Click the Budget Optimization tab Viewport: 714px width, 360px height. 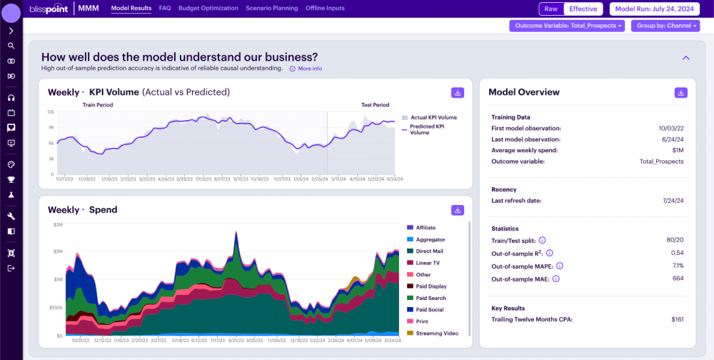tap(208, 9)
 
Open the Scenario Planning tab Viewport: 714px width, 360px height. tap(272, 9)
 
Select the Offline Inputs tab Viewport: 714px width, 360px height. tap(325, 9)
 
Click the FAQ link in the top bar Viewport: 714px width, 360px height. tap(165, 9)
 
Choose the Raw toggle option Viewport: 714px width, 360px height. tap(551, 9)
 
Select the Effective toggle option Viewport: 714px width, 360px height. tap(583, 9)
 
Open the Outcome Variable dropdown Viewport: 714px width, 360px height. tap(567, 26)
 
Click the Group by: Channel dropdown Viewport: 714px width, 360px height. tap(665, 26)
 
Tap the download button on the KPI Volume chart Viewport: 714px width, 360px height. tap(458, 93)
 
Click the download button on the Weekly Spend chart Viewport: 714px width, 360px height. tap(458, 210)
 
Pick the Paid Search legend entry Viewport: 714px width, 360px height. tap(431, 298)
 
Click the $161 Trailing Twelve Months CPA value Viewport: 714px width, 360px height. tap(677, 319)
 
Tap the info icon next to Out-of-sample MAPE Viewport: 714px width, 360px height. tap(560, 266)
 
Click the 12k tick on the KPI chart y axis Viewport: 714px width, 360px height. tap(51, 112)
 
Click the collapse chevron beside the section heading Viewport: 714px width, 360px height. tap(686, 58)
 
